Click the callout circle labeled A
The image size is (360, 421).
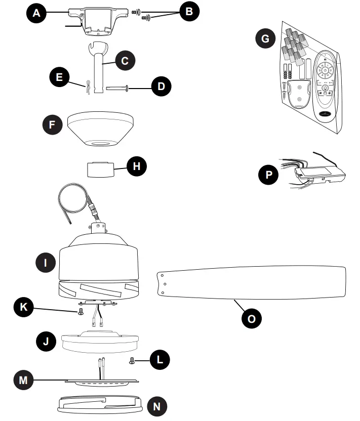(x=36, y=14)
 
